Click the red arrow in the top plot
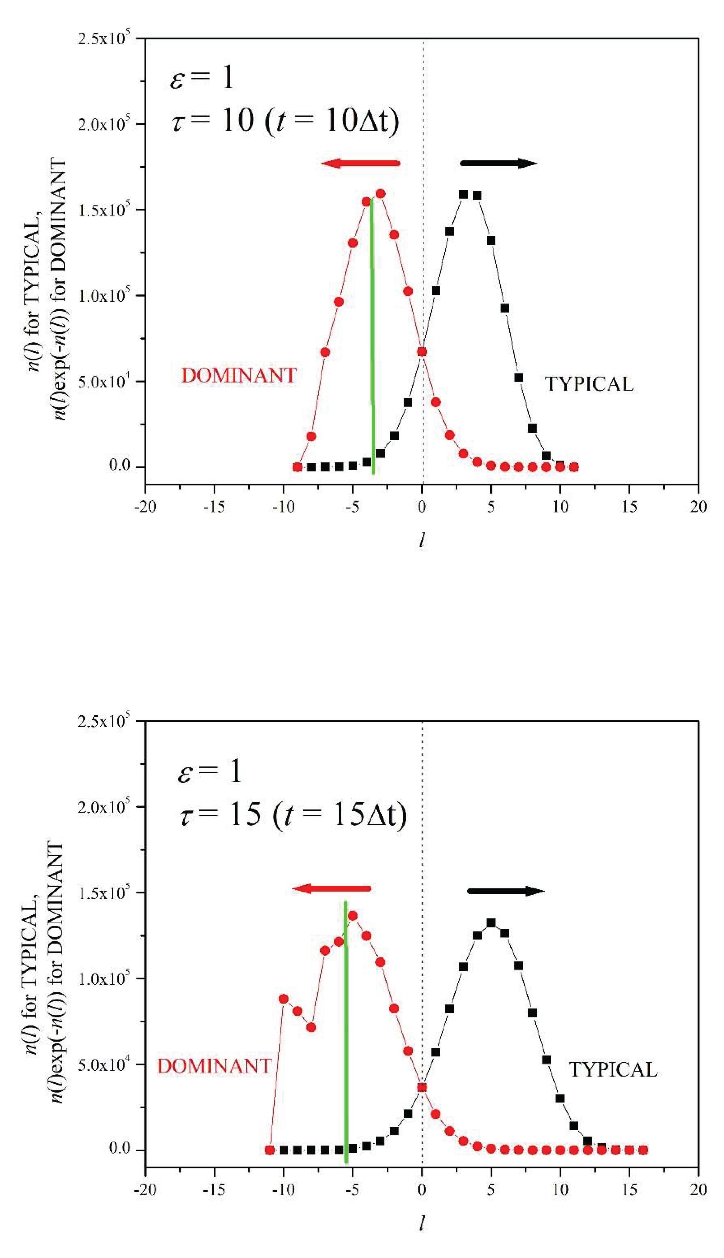[360, 163]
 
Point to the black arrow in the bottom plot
[506, 891]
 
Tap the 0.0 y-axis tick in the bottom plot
[119, 1149]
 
